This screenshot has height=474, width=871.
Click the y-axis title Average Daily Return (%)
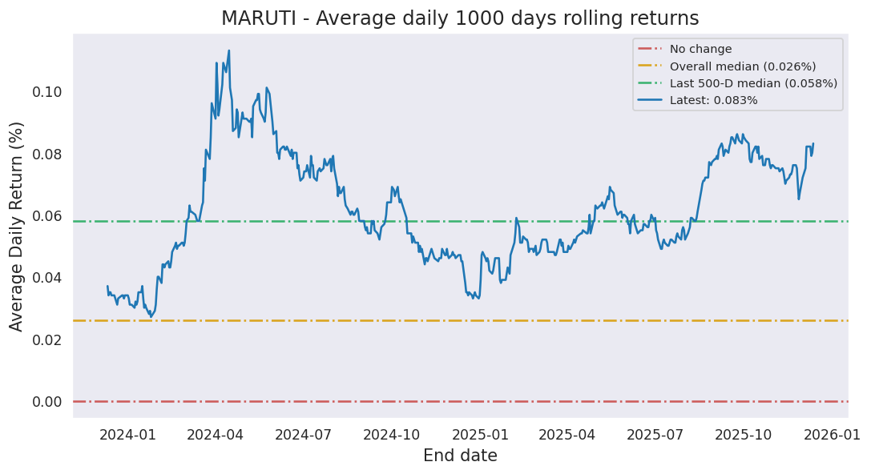[17, 226]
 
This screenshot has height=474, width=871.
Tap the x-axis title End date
[460, 456]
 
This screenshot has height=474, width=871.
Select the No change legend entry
[700, 49]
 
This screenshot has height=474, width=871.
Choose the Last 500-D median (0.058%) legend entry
[753, 83]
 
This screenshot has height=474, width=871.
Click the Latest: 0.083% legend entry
[713, 100]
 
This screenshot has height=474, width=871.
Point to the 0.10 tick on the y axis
[46, 92]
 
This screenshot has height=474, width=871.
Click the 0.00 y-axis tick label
[46, 402]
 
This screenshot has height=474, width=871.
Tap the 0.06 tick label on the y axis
[46, 216]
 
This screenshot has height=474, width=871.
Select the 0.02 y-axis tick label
[46, 340]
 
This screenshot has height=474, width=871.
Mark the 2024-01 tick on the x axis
[128, 435]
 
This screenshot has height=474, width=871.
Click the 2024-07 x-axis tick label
[303, 435]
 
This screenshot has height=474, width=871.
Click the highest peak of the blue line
[228, 51]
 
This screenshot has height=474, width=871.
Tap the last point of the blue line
[813, 144]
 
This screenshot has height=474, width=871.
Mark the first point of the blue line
[107, 287]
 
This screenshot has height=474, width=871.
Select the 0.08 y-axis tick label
[46, 154]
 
